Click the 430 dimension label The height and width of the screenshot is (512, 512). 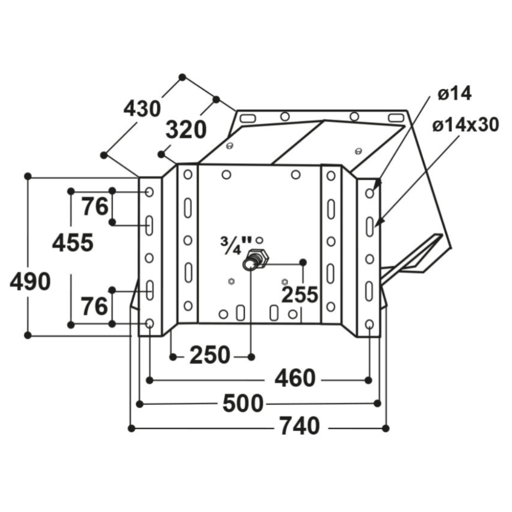click(142, 109)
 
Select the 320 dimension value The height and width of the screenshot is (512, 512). click(186, 130)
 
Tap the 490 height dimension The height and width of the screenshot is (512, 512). click(30, 281)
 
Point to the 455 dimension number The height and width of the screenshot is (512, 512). click(73, 242)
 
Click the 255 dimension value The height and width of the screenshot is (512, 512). click(300, 294)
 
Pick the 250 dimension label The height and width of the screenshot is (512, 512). click(210, 355)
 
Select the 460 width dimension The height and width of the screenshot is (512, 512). click(295, 379)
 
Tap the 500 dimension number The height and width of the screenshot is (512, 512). click(243, 403)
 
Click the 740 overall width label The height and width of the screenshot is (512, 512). click(300, 426)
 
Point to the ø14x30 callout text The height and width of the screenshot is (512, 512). click(465, 124)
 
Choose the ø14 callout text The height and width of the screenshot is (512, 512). click(454, 94)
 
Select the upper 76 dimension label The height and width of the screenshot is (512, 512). click(96, 207)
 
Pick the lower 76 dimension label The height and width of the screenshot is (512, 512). click(96, 306)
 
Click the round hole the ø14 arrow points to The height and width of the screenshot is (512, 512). click(370, 193)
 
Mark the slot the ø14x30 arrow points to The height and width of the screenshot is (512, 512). click(370, 225)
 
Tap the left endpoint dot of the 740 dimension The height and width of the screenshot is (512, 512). click(132, 428)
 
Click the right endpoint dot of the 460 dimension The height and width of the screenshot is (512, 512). click(369, 379)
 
